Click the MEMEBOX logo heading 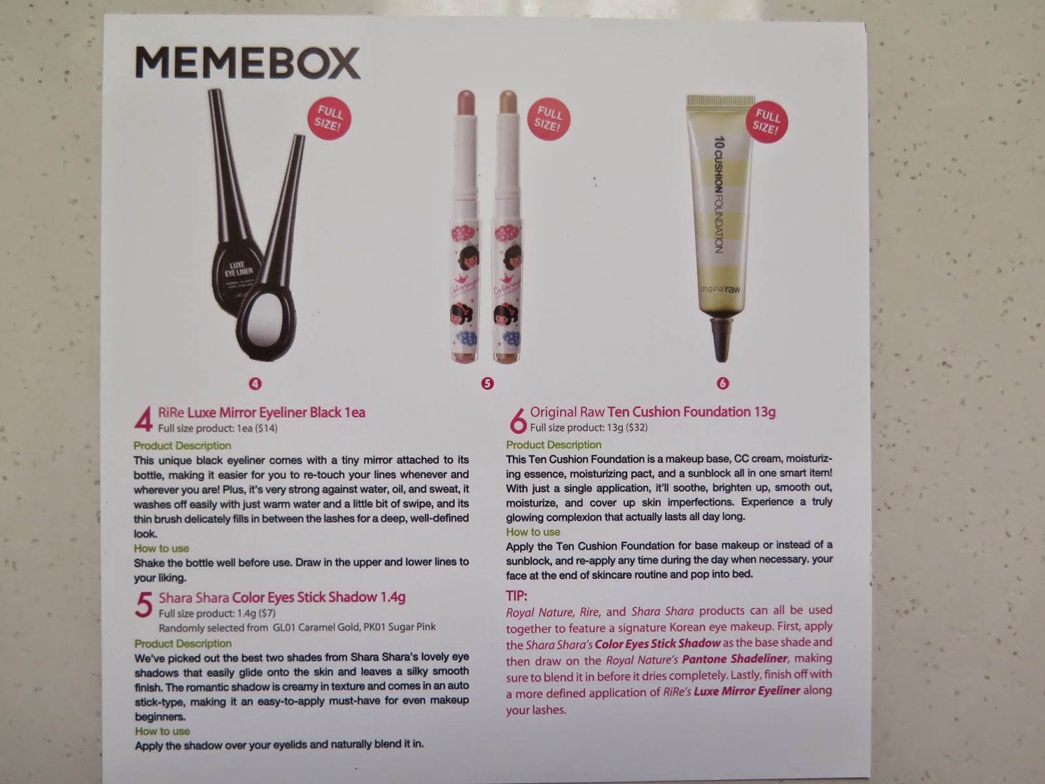tap(248, 62)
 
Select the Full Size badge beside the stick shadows tap(549, 119)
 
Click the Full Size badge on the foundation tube tap(766, 122)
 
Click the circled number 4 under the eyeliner tap(255, 384)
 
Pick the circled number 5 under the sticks tap(487, 384)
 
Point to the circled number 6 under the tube tap(723, 384)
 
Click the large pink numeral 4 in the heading tap(144, 419)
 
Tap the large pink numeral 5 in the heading tap(144, 604)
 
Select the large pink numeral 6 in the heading tap(517, 420)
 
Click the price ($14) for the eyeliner tap(266, 429)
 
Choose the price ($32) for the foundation tap(637, 427)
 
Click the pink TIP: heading tap(517, 596)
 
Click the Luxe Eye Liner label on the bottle tap(238, 269)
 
